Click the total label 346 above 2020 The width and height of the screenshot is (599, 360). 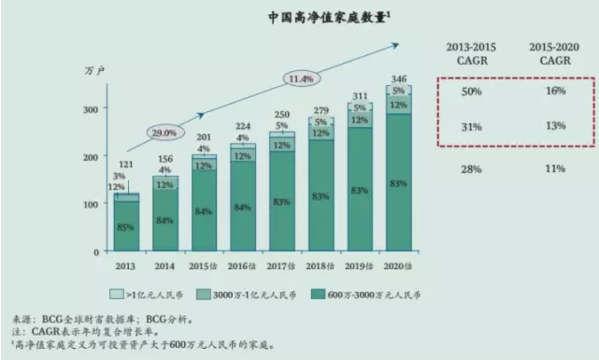click(x=399, y=78)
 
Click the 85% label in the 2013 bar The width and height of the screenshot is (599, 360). click(x=126, y=227)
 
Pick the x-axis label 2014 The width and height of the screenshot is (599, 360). click(x=165, y=266)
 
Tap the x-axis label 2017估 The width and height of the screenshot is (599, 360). click(x=281, y=266)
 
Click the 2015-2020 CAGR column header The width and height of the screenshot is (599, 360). click(x=554, y=54)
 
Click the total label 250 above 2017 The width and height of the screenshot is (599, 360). click(x=282, y=115)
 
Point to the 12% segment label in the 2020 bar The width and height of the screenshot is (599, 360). click(x=399, y=105)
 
